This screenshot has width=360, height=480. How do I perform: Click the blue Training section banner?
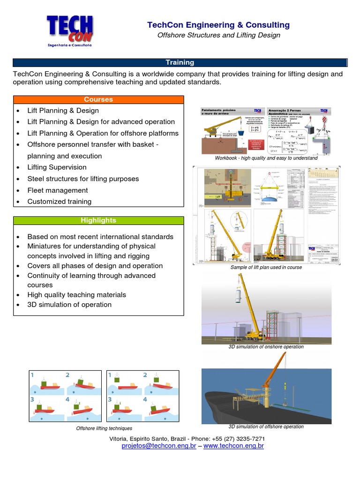(180, 62)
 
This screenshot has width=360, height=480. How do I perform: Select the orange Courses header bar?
(98, 99)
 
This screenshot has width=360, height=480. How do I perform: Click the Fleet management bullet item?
(57, 190)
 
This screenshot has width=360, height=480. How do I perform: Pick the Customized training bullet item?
(59, 202)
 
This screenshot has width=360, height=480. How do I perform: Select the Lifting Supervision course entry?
(57, 167)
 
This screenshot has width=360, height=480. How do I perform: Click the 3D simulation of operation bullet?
(69, 305)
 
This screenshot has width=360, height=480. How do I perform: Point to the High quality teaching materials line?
(76, 295)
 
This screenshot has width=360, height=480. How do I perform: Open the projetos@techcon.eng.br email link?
(158, 446)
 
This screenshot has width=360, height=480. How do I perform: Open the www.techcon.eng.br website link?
(233, 446)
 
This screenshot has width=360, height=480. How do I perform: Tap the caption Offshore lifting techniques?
(104, 428)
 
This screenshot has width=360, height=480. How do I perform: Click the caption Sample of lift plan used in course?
(266, 267)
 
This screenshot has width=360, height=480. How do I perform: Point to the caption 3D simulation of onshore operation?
(266, 347)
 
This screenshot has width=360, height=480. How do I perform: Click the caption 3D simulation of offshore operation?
(266, 427)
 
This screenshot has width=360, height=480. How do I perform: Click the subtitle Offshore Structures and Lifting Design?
(218, 35)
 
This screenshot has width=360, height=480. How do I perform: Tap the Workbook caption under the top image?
(266, 158)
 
